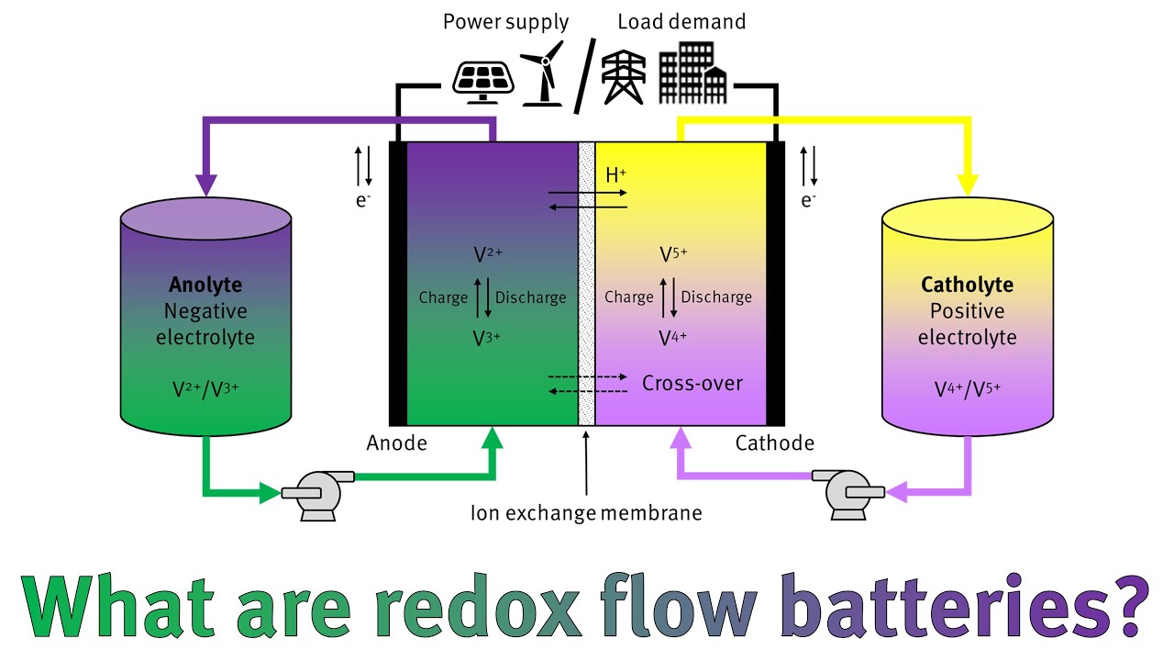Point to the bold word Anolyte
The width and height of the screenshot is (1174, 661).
pyautogui.click(x=205, y=285)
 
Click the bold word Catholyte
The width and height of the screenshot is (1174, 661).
pyautogui.click(x=967, y=285)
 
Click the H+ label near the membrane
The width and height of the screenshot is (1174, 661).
pyautogui.click(x=617, y=174)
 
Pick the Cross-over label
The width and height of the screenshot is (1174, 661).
pyautogui.click(x=692, y=383)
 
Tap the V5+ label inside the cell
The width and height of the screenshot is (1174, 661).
pyautogui.click(x=673, y=254)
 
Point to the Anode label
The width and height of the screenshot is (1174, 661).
pyautogui.click(x=396, y=443)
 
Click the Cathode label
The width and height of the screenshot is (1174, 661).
pyautogui.click(x=774, y=443)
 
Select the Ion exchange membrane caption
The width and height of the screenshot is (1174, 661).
pyautogui.click(x=586, y=512)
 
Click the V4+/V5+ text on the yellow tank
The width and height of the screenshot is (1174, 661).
pyautogui.click(x=967, y=388)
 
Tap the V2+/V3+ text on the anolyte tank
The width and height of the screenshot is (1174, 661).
pyautogui.click(x=205, y=388)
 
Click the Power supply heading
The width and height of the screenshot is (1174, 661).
pyautogui.click(x=505, y=21)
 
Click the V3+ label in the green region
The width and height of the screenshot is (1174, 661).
pyautogui.click(x=486, y=338)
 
